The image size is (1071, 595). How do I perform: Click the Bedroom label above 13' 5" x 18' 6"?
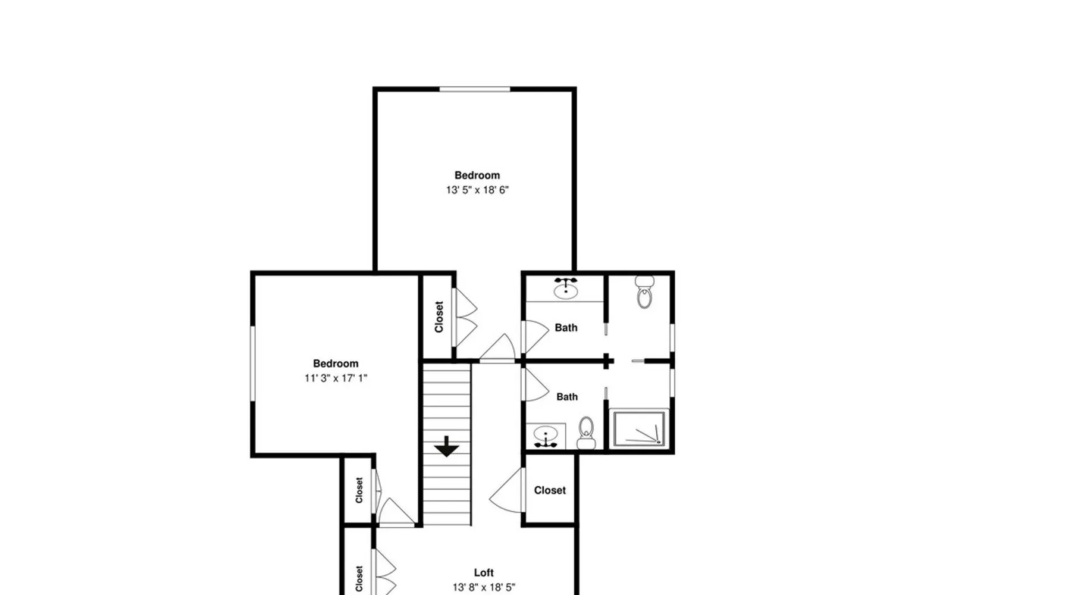[477, 176]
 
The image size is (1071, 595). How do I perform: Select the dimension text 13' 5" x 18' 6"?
[477, 190]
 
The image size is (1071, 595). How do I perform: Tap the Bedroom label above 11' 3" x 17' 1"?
[336, 364]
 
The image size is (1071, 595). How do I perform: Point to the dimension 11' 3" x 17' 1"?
[336, 378]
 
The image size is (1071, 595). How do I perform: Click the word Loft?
[484, 572]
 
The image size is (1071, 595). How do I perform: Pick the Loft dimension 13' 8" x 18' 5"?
[484, 587]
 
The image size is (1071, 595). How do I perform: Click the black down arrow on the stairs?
[446, 446]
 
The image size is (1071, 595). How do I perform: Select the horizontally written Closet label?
[550, 490]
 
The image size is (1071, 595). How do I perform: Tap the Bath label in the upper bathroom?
[566, 327]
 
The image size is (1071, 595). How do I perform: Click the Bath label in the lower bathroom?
[567, 397]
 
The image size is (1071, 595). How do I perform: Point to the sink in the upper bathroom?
[565, 289]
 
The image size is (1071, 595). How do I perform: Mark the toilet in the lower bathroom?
[587, 433]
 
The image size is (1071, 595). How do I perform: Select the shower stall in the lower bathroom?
[639, 428]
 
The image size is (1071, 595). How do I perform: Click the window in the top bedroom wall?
[475, 89]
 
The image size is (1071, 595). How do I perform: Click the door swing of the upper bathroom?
[535, 337]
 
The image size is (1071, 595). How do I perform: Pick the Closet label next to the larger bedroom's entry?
[439, 317]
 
